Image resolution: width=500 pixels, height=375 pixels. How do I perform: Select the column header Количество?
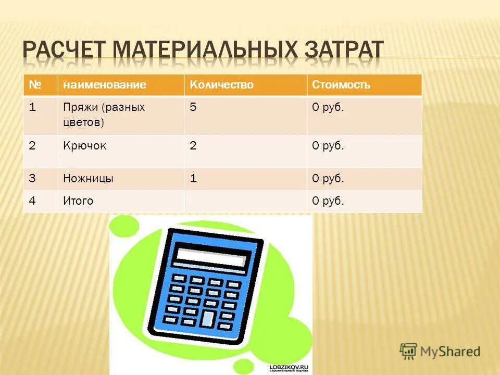tap(221, 85)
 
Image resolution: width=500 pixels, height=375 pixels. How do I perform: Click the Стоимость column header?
tap(341, 85)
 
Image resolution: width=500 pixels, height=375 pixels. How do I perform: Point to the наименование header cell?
tap(105, 85)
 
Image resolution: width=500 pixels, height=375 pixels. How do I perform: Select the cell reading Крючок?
tap(85, 146)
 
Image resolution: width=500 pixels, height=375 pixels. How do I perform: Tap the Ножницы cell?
tap(89, 179)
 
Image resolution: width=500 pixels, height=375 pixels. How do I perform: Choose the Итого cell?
tap(78, 201)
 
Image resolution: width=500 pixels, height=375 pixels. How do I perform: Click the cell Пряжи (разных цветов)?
tap(104, 115)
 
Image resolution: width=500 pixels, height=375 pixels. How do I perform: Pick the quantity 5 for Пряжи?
tap(193, 108)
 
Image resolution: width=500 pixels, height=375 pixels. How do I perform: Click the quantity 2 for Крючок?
tap(193, 146)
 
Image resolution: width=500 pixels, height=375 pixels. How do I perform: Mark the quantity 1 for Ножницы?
tap(193, 179)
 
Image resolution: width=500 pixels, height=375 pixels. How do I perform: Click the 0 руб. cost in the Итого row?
tap(328, 201)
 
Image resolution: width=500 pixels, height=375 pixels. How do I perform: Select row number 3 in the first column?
tap(32, 179)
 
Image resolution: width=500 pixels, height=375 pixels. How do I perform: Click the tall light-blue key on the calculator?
tap(208, 319)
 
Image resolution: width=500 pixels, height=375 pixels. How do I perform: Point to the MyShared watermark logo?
tap(441, 352)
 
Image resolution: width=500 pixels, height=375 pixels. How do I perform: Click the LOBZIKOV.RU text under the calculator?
tap(289, 367)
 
